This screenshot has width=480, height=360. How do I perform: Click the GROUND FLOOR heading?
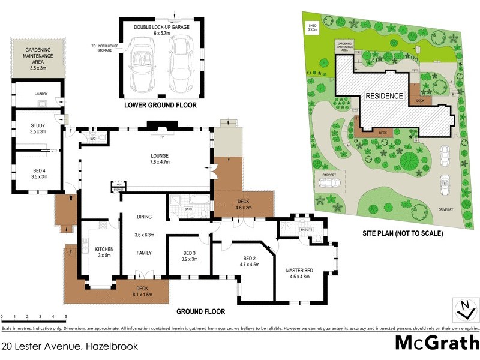click(x=201, y=311)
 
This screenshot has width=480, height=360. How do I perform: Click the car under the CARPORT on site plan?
click(x=329, y=182)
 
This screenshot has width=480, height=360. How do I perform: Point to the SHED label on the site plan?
click(x=313, y=25)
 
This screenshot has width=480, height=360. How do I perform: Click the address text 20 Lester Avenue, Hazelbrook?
click(x=69, y=347)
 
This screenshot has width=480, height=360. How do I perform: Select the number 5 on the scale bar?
click(x=65, y=316)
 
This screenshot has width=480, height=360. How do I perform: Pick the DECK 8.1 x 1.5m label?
click(x=142, y=291)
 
